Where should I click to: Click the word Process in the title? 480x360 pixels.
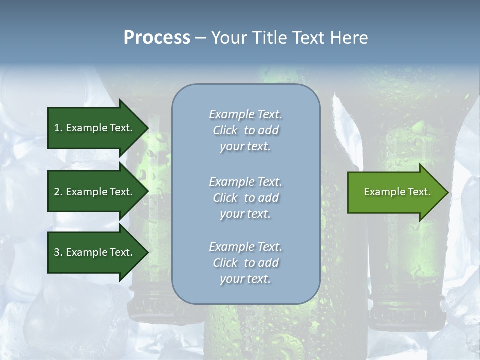(x=157, y=37)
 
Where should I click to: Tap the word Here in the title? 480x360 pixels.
(x=348, y=37)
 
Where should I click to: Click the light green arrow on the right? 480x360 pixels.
(x=395, y=192)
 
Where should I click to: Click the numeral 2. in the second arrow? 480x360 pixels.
(x=58, y=192)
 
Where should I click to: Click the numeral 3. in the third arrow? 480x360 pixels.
(x=58, y=252)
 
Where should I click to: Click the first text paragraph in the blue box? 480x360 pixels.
(x=245, y=130)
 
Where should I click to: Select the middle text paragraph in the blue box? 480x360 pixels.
(x=245, y=198)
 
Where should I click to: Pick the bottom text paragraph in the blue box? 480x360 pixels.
(x=245, y=263)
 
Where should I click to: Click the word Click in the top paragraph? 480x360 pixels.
(x=225, y=130)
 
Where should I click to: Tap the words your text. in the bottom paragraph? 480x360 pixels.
(x=245, y=279)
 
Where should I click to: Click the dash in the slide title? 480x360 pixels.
(x=200, y=38)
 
